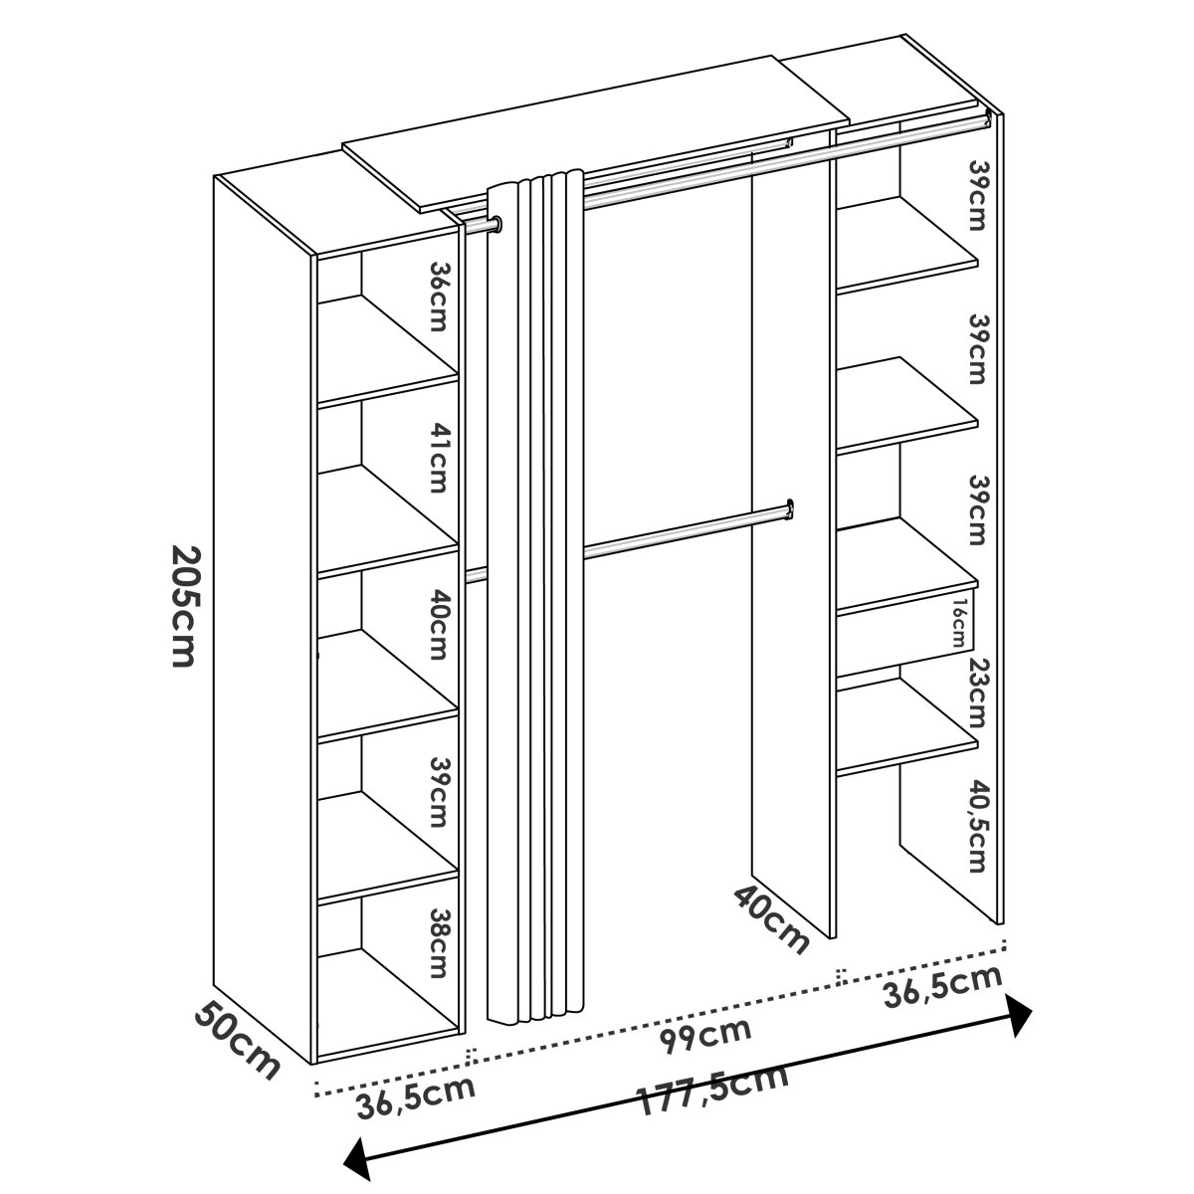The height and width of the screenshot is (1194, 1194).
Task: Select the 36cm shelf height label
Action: click(x=439, y=297)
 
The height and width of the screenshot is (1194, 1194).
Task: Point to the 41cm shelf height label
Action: click(x=439, y=459)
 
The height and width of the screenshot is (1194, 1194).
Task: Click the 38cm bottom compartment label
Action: click(x=439, y=943)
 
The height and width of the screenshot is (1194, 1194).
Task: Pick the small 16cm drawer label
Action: click(x=959, y=623)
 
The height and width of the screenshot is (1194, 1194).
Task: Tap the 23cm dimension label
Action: click(x=977, y=693)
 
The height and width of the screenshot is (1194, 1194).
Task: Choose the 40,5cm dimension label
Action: click(x=977, y=826)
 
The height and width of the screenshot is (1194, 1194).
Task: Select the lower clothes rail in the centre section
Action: click(x=688, y=528)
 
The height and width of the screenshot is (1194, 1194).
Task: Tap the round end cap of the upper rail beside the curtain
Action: click(x=497, y=223)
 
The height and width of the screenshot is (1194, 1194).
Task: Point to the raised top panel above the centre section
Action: click(x=595, y=133)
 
